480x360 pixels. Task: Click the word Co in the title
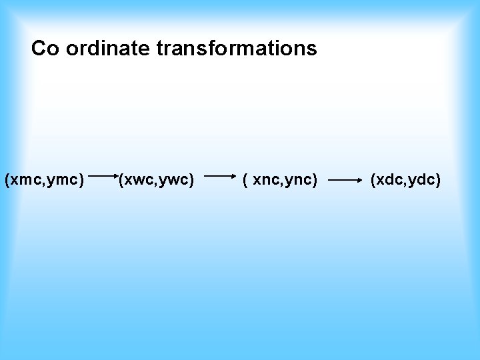[x=45, y=49]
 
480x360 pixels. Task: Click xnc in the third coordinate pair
[x=267, y=179]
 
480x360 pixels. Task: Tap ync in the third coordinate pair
[x=299, y=179]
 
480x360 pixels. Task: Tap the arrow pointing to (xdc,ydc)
[x=345, y=179]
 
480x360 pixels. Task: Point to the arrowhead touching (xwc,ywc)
[x=115, y=178]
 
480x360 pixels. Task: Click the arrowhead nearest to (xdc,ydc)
[x=357, y=179]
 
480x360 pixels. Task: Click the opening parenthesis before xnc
[x=247, y=179]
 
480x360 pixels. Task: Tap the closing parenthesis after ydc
[x=438, y=179]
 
